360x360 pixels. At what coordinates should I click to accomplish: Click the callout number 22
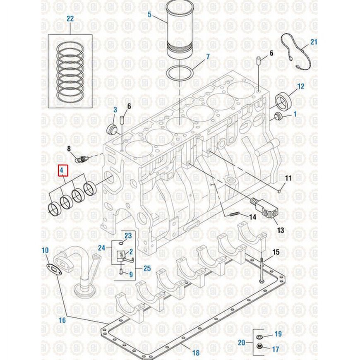click(70, 19)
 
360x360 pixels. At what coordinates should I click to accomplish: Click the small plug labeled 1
click(278, 116)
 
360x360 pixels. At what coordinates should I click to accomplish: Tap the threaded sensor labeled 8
click(80, 158)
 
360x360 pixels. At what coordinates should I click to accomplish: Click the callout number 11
click(288, 179)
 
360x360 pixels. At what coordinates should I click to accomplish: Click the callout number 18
click(196, 353)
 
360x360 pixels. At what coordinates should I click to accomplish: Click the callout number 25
click(146, 268)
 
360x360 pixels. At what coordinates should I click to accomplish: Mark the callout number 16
click(62, 320)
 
